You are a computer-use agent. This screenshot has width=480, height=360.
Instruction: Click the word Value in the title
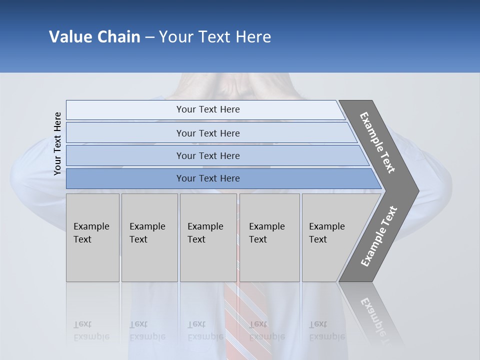pyautogui.click(x=69, y=37)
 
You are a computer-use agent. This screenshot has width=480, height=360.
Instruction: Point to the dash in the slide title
pyautogui.click(x=149, y=37)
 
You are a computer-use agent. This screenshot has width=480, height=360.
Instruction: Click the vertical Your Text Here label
pyautogui.click(x=57, y=143)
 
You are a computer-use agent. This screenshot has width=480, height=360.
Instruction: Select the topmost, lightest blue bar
pyautogui.click(x=208, y=109)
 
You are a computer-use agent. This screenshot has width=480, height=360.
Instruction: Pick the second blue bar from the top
pyautogui.click(x=208, y=133)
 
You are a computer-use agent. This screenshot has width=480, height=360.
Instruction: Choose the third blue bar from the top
pyautogui.click(x=208, y=155)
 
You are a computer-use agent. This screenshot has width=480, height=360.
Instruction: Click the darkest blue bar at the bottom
pyautogui.click(x=208, y=178)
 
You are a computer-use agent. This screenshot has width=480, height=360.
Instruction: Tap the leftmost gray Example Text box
pyautogui.click(x=92, y=237)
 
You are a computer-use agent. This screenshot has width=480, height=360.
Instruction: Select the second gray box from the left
pyautogui.click(x=149, y=237)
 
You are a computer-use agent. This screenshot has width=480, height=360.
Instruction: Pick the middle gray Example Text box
pyautogui.click(x=208, y=237)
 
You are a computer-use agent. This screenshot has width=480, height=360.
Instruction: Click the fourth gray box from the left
pyautogui.click(x=269, y=237)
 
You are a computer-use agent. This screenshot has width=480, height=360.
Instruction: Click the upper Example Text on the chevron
pyautogui.click(x=377, y=142)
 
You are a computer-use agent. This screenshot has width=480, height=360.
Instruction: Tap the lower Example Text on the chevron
pyautogui.click(x=378, y=236)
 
